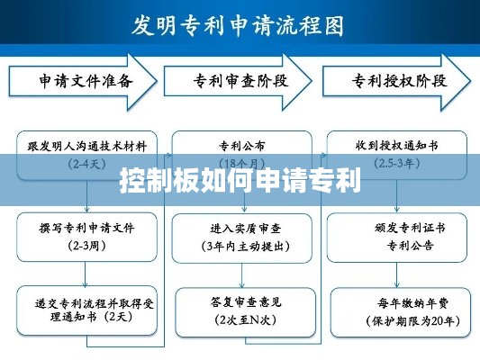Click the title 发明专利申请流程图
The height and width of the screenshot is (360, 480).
click(238, 24)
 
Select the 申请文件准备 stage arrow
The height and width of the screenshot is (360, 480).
click(86, 81)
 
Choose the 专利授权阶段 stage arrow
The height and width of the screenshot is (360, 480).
click(397, 81)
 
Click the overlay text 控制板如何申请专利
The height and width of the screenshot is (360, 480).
click(240, 181)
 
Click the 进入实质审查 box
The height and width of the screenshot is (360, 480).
click(242, 237)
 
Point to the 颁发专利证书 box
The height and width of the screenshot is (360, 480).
click(397, 236)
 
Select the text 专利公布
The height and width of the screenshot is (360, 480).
click(242, 144)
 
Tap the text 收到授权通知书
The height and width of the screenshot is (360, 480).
click(397, 144)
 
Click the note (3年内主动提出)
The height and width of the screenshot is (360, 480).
click(242, 246)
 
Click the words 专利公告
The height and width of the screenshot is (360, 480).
click(397, 245)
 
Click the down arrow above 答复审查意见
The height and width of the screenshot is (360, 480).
click(242, 274)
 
